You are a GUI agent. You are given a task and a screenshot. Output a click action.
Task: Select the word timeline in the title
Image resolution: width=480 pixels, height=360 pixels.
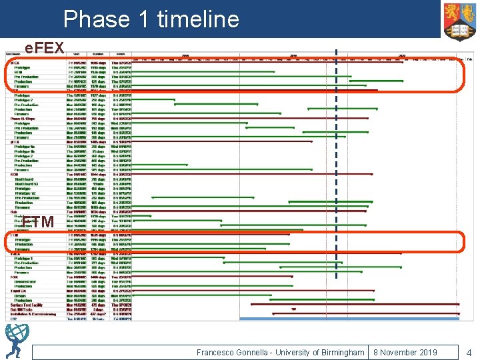pos(199,19)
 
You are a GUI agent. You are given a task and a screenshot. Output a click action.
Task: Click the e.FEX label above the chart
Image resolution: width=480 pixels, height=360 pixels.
pos(44,47)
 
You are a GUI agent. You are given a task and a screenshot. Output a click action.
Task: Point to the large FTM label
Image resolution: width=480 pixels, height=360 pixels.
pos(38,221)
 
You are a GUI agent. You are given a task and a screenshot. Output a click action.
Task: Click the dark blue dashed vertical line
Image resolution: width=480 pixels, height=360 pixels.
pos(336,167)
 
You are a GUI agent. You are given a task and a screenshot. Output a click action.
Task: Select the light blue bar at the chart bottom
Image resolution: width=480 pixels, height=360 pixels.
pos(349,319)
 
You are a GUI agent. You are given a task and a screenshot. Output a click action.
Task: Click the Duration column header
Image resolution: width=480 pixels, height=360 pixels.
pos(99,55)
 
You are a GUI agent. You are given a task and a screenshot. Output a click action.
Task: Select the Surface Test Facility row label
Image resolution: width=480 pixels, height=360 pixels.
pos(27,304)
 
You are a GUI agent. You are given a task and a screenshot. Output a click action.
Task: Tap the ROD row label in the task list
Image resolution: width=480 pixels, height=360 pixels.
pos(15,174)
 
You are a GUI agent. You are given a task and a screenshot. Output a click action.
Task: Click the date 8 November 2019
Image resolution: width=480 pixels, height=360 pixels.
pos(405,352)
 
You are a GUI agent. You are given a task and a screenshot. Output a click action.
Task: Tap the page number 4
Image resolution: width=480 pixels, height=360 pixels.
pos(469,352)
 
